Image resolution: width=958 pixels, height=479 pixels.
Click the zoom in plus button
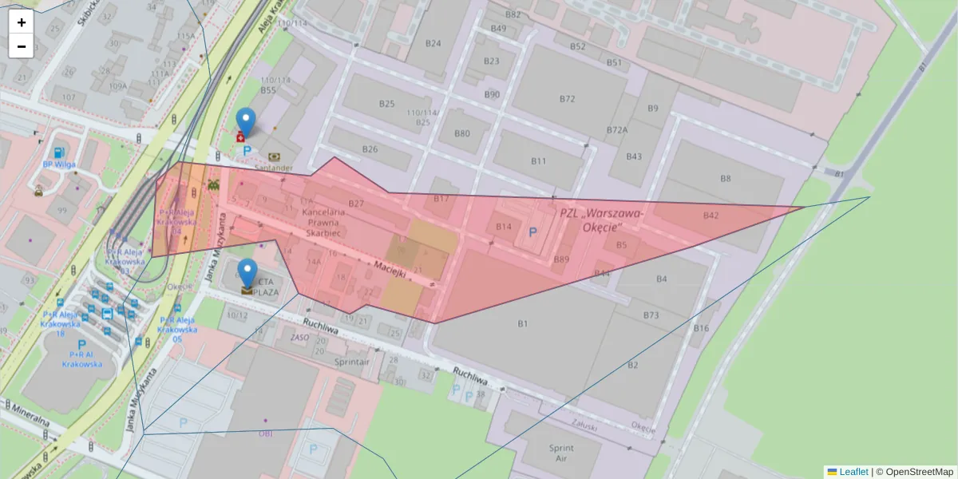[x=22, y=22]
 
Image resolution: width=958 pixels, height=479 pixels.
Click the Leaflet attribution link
[x=853, y=472]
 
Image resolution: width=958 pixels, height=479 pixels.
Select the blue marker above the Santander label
[x=247, y=122]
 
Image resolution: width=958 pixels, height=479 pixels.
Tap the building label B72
[x=567, y=99]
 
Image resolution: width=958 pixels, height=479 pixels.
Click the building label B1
[x=523, y=323]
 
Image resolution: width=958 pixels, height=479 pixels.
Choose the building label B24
[x=433, y=44]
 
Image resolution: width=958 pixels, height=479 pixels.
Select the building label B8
[x=725, y=178]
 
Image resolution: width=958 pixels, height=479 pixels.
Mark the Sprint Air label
[x=561, y=453]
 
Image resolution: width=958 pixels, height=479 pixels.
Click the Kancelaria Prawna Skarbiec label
[x=323, y=223]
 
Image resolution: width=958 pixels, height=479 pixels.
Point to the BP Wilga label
[x=58, y=165]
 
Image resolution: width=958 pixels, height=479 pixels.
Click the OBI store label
[x=265, y=433]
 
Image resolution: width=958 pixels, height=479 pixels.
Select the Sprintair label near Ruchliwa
[x=352, y=362]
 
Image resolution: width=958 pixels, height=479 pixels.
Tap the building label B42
[x=711, y=216]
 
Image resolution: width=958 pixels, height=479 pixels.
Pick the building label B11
[x=539, y=161]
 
